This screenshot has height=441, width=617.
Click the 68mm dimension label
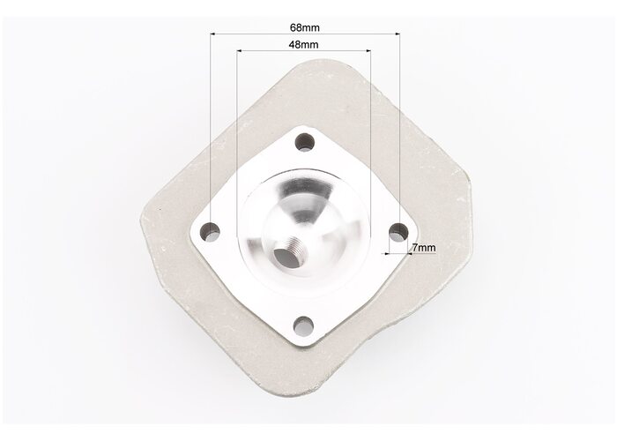tap(305, 27)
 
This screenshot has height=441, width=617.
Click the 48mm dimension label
tap(303, 44)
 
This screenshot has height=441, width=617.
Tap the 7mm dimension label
tap(424, 248)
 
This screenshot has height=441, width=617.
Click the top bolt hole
tap(305, 142)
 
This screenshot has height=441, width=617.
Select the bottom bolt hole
tap(303, 326)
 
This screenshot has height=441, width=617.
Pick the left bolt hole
tap(211, 231)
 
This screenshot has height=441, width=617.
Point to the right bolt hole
tap(398, 232)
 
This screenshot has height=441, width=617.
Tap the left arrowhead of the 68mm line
tap(212, 34)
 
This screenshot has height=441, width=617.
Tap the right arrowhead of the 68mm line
tap(398, 34)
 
